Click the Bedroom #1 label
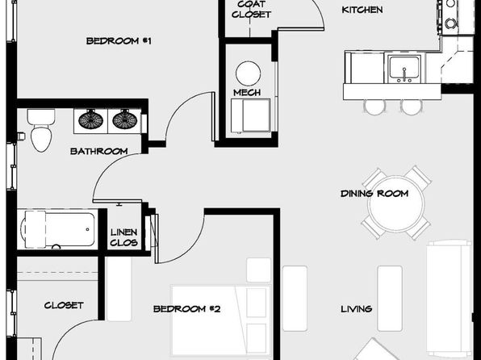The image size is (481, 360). (x=119, y=41)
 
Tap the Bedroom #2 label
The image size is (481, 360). (x=186, y=309)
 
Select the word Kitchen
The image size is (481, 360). (x=362, y=10)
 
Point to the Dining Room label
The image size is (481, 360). (x=374, y=194)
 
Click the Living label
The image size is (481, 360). (x=357, y=309)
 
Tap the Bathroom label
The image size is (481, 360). (x=98, y=151)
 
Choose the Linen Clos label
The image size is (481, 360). (x=123, y=237)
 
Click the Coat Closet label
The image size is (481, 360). (x=251, y=10)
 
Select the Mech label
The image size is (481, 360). (x=247, y=92)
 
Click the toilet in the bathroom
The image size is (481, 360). (x=41, y=130)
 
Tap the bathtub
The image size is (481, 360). (x=57, y=229)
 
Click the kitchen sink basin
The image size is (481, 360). (x=404, y=68)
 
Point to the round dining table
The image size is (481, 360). (x=396, y=203)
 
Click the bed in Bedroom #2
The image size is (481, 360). (x=221, y=320)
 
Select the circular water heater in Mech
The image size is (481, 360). (x=249, y=73)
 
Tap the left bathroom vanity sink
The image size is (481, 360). (x=91, y=119)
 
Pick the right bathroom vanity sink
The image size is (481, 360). (x=124, y=119)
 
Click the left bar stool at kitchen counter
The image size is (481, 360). (x=374, y=107)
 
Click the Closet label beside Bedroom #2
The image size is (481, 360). (x=64, y=305)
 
